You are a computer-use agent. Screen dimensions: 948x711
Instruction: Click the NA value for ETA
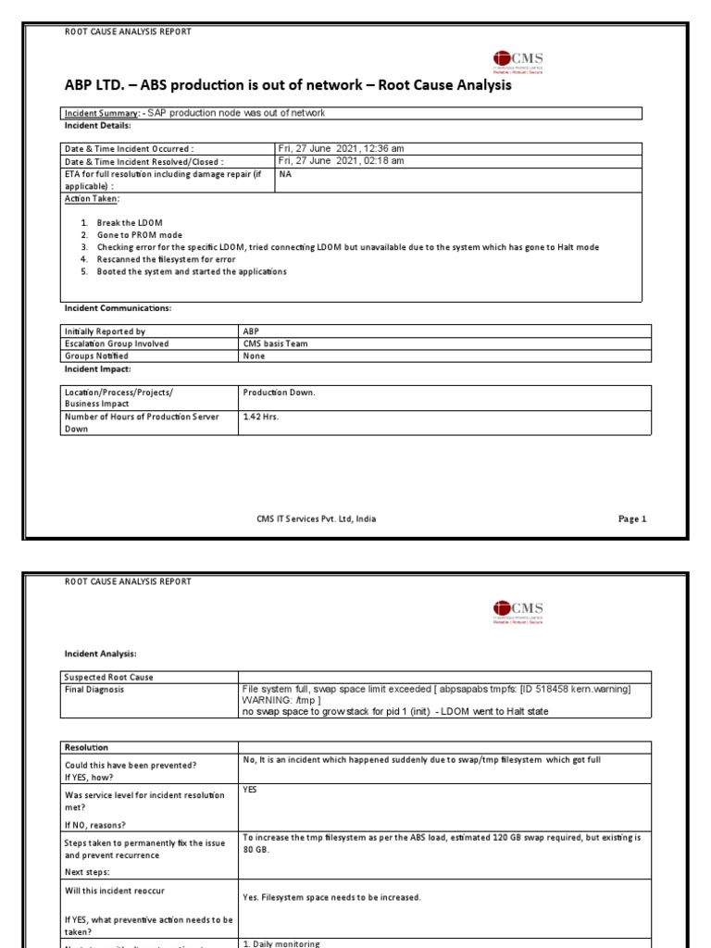click(285, 173)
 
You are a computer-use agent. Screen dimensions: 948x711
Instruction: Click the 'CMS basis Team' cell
click(277, 343)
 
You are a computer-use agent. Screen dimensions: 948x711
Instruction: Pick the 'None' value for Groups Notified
click(254, 355)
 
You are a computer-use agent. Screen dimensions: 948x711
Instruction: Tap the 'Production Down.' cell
click(279, 393)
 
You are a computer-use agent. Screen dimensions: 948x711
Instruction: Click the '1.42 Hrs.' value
click(260, 417)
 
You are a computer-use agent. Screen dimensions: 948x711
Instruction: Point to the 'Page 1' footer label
click(631, 519)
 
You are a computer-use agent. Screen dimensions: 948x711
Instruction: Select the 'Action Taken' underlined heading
click(92, 198)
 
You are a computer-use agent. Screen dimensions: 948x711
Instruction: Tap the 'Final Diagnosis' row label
click(94, 689)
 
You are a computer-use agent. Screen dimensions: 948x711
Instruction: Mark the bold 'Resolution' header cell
click(86, 746)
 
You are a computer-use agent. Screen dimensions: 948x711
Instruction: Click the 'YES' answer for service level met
click(251, 791)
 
